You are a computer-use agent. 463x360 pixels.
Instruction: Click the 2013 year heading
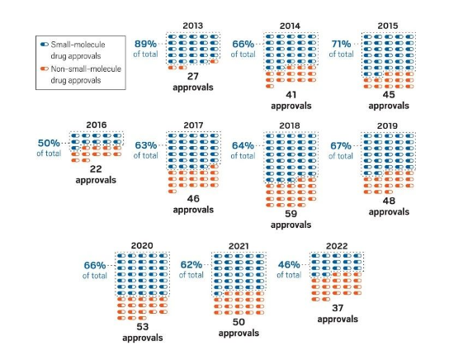[x=192, y=26]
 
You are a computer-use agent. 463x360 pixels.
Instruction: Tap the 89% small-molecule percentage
[x=145, y=44]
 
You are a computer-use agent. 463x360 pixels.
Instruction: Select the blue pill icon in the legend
[x=45, y=45]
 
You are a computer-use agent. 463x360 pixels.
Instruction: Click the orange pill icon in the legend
[x=45, y=69]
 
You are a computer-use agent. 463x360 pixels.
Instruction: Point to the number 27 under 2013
[x=192, y=76]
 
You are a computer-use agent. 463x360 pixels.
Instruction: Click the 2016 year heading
[x=97, y=125]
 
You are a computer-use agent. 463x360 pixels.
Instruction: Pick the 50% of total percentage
[x=49, y=143]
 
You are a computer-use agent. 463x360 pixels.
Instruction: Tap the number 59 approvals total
[x=291, y=214]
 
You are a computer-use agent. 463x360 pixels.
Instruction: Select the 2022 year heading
[x=337, y=246]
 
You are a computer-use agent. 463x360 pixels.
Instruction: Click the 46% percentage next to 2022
[x=289, y=264]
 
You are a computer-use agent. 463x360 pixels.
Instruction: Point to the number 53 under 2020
[x=142, y=327]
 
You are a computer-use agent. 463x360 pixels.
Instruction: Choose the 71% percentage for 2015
[x=341, y=44]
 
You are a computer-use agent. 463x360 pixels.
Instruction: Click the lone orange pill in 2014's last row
[x=270, y=86]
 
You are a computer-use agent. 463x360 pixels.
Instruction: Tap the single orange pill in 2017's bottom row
[x=172, y=192]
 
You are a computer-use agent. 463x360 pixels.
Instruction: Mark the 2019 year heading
[x=387, y=126]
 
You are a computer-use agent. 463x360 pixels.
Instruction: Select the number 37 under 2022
[x=338, y=308]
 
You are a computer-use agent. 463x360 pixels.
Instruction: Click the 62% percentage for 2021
[x=191, y=264]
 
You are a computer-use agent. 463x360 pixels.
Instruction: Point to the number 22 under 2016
[x=96, y=169]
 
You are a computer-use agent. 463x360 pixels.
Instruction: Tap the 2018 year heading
[x=290, y=126]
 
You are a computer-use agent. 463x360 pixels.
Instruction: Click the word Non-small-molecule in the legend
[x=86, y=69]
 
